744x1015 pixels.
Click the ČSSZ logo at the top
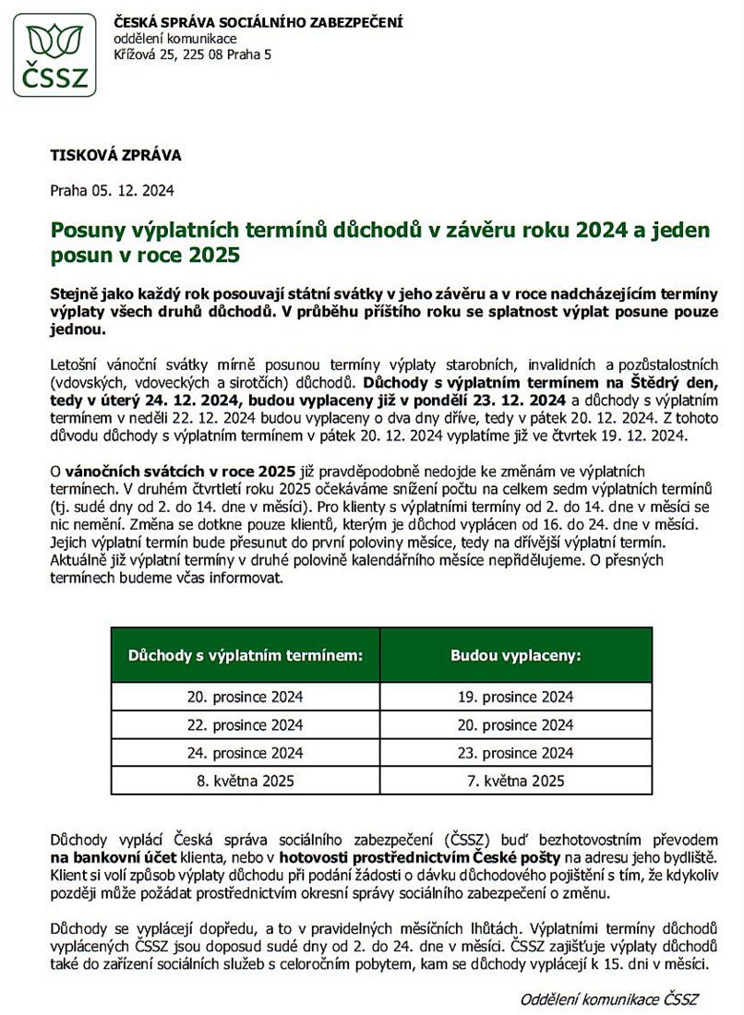54,54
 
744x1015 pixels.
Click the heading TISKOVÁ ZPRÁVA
115,155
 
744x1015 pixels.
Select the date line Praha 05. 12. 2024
112,191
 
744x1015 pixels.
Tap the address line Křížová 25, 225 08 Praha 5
192,55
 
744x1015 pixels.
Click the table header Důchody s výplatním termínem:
245,656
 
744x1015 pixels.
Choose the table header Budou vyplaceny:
515,656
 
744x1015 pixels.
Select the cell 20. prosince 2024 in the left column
245,697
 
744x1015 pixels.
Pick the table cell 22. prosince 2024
245,724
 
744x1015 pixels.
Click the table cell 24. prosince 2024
245,752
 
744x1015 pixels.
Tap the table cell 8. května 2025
245,781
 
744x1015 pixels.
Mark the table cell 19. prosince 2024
515,697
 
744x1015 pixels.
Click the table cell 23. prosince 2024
515,752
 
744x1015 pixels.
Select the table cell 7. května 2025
515,781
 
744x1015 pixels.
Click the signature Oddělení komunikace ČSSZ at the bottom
609,999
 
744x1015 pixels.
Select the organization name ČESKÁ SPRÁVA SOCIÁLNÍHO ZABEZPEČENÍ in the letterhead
258,22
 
